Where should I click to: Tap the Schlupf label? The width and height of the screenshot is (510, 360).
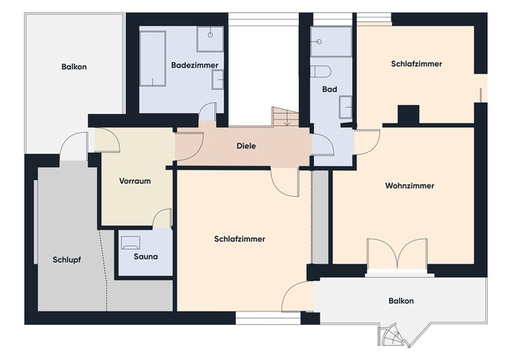click(x=67, y=260)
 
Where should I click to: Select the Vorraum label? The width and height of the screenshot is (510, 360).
click(x=135, y=181)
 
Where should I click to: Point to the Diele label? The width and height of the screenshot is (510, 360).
click(x=247, y=146)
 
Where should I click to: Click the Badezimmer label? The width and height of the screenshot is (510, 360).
click(x=194, y=65)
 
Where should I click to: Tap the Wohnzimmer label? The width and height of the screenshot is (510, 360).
click(x=410, y=186)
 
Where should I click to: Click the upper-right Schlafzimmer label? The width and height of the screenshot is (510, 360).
click(x=417, y=63)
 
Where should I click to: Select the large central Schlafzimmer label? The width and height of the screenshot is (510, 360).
click(x=240, y=239)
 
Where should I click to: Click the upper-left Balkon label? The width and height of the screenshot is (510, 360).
click(x=74, y=67)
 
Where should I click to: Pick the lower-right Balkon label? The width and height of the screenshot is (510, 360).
click(x=401, y=301)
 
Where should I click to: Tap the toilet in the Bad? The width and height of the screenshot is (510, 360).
click(x=323, y=71)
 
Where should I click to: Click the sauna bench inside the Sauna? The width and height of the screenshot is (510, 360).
click(x=131, y=240)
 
